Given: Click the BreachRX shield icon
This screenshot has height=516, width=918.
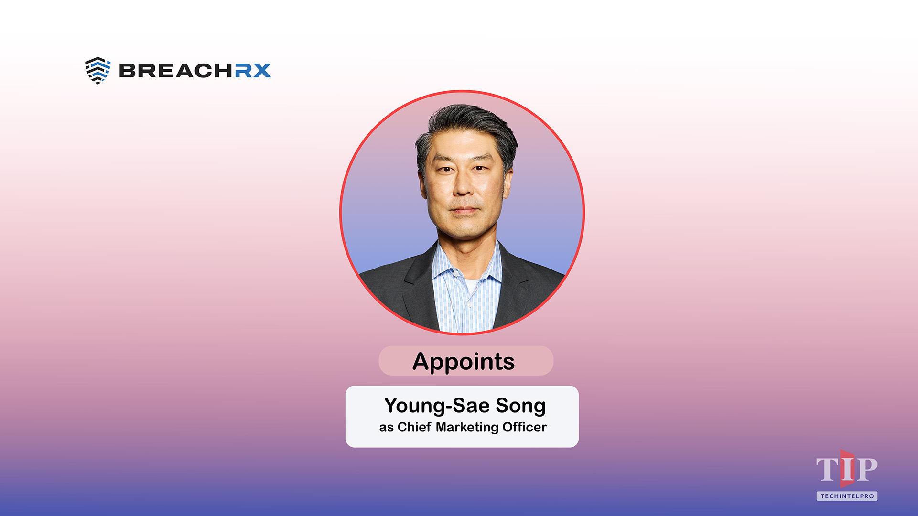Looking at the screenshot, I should point(97,70).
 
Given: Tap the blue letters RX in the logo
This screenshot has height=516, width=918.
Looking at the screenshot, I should point(253,71).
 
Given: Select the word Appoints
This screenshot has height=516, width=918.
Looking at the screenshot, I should point(464,362).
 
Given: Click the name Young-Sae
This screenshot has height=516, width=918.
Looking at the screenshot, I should point(437,406).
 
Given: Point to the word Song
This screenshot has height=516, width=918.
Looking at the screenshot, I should point(520,406).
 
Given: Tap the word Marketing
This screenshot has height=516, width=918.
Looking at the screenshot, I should point(467,427).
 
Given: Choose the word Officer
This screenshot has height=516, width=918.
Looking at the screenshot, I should point(524,427).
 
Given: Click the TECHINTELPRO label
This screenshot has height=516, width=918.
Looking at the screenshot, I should point(847,496).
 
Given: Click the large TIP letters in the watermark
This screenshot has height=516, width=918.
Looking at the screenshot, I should point(846,470).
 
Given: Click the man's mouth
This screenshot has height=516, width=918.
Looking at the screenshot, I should point(464,210).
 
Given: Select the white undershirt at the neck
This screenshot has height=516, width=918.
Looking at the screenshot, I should point(471,286).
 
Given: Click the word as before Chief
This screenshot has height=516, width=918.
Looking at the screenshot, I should point(386,428).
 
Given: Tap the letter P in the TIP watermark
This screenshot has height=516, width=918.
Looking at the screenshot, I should point(866,470).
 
